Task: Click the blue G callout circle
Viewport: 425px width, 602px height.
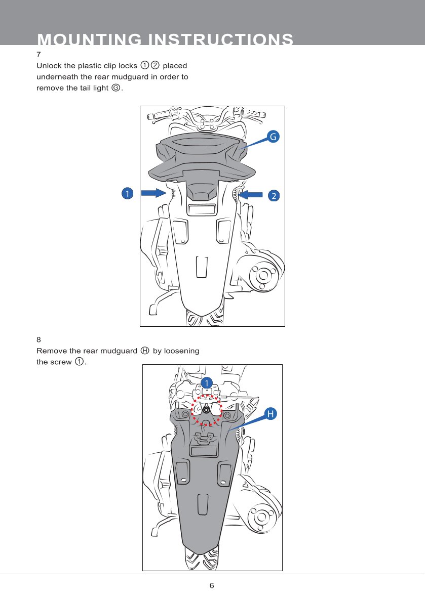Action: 273,137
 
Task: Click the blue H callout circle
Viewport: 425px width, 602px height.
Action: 271,414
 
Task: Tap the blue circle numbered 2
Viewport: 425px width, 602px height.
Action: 274,196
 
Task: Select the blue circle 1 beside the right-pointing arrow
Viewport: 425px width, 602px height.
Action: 127,193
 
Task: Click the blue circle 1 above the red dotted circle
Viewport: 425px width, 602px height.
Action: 207,383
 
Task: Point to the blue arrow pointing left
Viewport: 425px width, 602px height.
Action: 250,195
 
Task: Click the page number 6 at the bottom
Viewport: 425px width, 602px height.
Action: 212,585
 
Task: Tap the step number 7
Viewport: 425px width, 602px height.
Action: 38,55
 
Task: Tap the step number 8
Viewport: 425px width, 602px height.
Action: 38,339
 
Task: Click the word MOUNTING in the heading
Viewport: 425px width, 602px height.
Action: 90,39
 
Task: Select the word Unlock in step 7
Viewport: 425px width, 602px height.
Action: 49,66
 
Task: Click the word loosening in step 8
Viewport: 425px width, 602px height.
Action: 181,351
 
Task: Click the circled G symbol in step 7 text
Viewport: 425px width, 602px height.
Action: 115,88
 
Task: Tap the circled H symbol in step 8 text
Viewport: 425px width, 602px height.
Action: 145,351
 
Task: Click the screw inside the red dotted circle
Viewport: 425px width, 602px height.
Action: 206,410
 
